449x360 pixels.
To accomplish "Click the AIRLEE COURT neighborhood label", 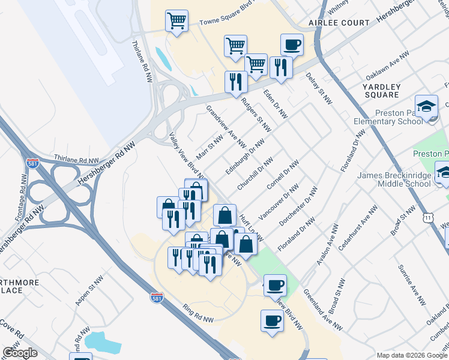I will [339, 23].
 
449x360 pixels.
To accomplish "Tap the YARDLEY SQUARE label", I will [381, 91].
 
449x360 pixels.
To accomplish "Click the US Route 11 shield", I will [427, 220].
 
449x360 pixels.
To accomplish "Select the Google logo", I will [20, 353].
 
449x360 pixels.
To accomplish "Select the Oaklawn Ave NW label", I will [391, 64].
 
